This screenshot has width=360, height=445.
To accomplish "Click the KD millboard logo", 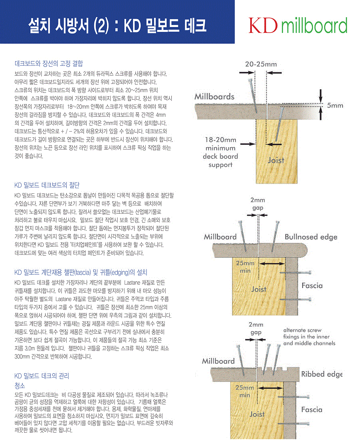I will [298, 26].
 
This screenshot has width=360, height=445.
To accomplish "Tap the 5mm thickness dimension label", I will [335, 106].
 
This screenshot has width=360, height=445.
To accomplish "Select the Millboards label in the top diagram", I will [214, 96].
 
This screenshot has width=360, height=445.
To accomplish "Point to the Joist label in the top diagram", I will [276, 160].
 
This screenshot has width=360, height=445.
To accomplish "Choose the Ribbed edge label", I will [322, 374].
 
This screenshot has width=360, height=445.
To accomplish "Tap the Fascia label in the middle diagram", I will [312, 286].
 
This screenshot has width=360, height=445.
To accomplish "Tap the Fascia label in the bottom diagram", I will [312, 410].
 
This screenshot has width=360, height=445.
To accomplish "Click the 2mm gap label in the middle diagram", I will [257, 204].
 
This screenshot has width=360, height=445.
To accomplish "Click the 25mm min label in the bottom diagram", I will [245, 391].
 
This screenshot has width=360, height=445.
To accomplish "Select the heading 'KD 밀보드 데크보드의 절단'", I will [47, 185].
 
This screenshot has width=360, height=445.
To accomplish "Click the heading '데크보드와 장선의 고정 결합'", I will [49, 63].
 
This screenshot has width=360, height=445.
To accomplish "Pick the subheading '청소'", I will [20, 386].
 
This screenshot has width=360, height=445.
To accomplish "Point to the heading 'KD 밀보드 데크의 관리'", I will [44, 376].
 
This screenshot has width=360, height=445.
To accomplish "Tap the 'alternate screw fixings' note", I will [309, 337].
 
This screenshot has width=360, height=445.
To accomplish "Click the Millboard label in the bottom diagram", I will [218, 361].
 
